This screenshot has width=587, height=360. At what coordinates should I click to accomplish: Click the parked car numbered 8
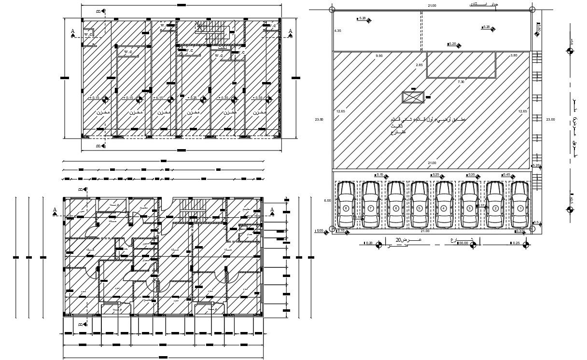click(x=346, y=204)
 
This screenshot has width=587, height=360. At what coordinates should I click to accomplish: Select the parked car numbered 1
click(x=520, y=204)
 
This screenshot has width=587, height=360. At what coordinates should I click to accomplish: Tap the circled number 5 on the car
click(x=419, y=208)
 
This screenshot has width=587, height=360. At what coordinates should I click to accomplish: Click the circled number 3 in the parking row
click(x=469, y=208)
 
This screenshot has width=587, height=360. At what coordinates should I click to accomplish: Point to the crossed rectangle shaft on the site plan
click(x=413, y=97)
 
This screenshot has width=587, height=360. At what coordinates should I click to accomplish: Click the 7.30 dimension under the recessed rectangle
click(x=461, y=82)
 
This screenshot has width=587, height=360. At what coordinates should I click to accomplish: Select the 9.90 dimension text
click(x=378, y=56)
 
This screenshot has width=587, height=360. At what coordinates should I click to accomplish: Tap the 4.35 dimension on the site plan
click(x=338, y=31)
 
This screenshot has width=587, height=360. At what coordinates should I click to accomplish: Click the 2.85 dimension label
click(x=419, y=65)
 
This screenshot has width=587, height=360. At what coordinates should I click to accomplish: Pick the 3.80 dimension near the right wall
click(x=514, y=56)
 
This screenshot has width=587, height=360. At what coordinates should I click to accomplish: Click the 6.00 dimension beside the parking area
click(x=327, y=200)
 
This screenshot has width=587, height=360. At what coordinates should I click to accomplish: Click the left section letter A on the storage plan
click(x=73, y=31)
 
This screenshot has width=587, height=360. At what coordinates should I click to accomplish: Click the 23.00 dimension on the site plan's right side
click(x=551, y=119)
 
